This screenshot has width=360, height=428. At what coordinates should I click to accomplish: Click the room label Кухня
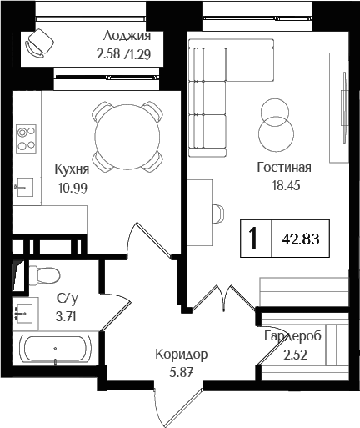click(72, 169)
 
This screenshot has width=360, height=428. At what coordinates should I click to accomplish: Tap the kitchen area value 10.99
click(72, 188)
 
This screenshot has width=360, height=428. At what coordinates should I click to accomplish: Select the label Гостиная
click(277, 166)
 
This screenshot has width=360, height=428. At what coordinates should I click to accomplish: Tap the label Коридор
click(181, 355)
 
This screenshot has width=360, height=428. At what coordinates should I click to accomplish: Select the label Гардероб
click(293, 336)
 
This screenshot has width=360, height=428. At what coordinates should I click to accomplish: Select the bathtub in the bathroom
click(55, 350)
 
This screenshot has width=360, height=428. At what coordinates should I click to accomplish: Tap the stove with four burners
click(27, 138)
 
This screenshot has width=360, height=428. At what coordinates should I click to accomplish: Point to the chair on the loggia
click(38, 43)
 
